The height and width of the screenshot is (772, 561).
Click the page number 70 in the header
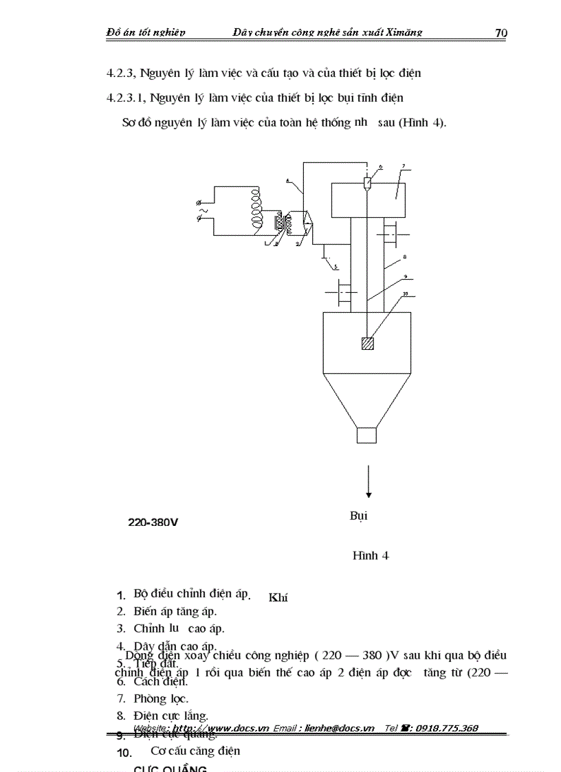click(500, 33)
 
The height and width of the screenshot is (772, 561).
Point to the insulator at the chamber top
click(368, 184)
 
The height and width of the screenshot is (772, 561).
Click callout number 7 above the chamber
click(404, 166)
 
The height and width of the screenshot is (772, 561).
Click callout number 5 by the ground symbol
click(335, 266)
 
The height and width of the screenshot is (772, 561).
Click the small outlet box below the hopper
click(366, 435)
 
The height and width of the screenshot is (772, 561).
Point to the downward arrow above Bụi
click(369, 481)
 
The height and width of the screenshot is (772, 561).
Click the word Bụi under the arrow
click(359, 516)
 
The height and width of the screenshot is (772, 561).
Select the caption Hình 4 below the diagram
click(371, 555)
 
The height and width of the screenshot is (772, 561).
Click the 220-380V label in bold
click(153, 522)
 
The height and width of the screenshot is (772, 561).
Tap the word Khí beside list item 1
click(278, 597)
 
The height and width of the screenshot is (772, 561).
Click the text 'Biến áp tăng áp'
click(175, 610)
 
